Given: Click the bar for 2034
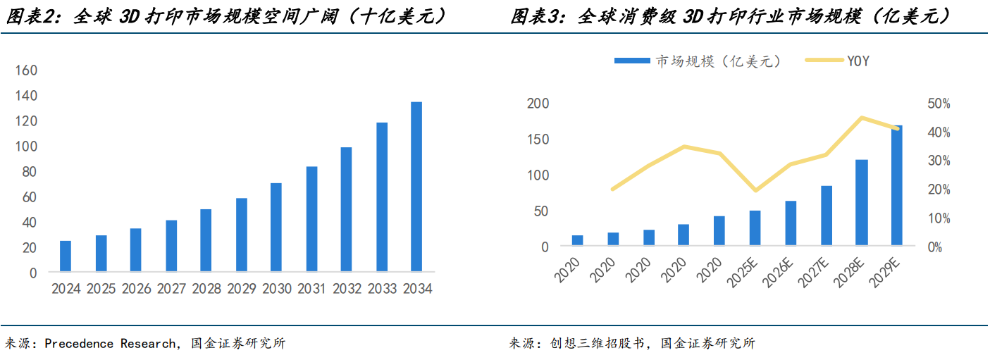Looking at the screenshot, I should (416, 187).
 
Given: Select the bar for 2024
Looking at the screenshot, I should (66, 256).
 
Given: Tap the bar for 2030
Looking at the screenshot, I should (276, 227).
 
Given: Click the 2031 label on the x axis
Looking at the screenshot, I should (311, 289).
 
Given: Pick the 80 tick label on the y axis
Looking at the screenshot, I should (28, 172).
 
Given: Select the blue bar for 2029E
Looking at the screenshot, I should (896, 186).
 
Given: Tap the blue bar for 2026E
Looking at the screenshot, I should (791, 223).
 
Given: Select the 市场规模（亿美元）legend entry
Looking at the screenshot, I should (697, 61).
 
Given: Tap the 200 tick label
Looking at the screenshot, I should (538, 104).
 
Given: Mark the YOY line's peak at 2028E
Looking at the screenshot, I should (861, 118).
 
